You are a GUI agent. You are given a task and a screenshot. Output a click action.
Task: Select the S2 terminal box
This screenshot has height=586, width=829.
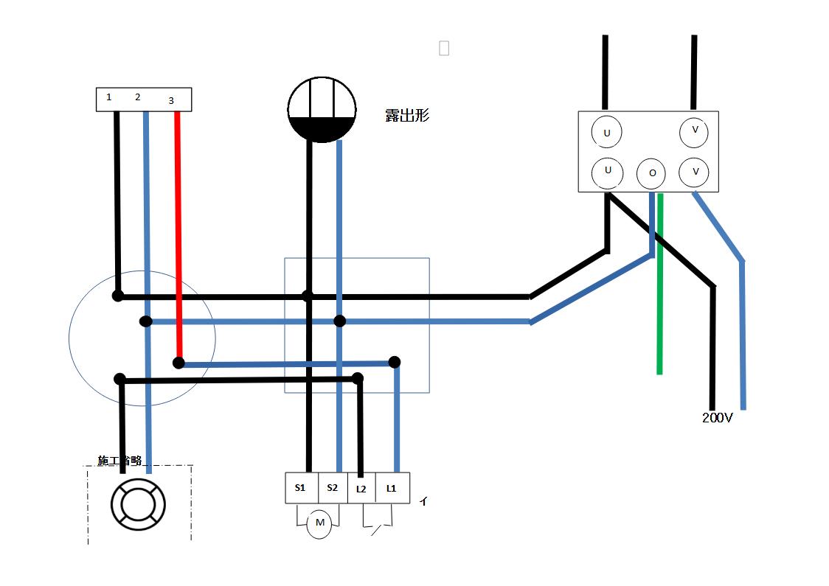(332, 488)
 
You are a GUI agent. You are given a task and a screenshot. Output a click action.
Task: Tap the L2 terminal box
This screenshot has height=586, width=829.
(361, 488)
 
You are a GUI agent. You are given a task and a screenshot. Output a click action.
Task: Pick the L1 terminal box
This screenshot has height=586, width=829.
(392, 488)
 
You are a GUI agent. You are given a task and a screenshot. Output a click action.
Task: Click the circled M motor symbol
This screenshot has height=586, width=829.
(319, 523)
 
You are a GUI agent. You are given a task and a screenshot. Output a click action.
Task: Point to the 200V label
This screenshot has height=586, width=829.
(717, 418)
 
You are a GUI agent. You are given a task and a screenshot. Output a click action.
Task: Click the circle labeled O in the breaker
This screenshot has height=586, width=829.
(651, 173)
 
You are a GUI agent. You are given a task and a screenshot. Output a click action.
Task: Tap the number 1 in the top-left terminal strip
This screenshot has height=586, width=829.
(109, 97)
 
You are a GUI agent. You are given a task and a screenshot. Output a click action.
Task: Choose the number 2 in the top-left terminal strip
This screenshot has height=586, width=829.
(137, 97)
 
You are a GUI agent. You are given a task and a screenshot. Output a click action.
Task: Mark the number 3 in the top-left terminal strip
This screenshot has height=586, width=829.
(171, 100)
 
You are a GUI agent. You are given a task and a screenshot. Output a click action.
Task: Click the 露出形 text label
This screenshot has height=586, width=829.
(407, 116)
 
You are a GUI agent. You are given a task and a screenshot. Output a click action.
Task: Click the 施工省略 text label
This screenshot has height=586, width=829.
(119, 461)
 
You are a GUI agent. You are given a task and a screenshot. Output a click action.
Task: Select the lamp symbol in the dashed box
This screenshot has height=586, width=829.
(138, 504)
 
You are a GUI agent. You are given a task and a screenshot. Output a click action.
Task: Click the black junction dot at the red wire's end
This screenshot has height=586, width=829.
(178, 363)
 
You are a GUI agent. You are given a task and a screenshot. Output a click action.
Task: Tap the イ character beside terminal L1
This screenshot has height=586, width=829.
(423, 501)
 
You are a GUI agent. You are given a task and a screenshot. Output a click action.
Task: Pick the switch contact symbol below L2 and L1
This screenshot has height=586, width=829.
(377, 525)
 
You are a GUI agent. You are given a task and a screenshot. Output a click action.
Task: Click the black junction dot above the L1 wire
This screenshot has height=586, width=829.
(395, 362)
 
